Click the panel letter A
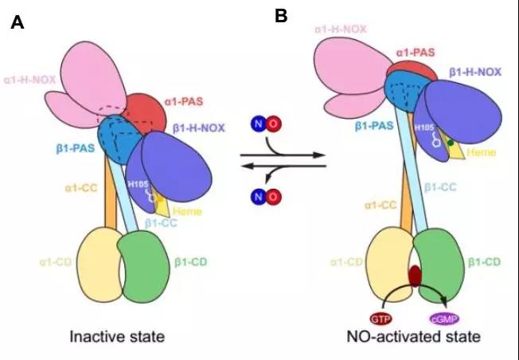[17, 23]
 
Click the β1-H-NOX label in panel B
[478, 72]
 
